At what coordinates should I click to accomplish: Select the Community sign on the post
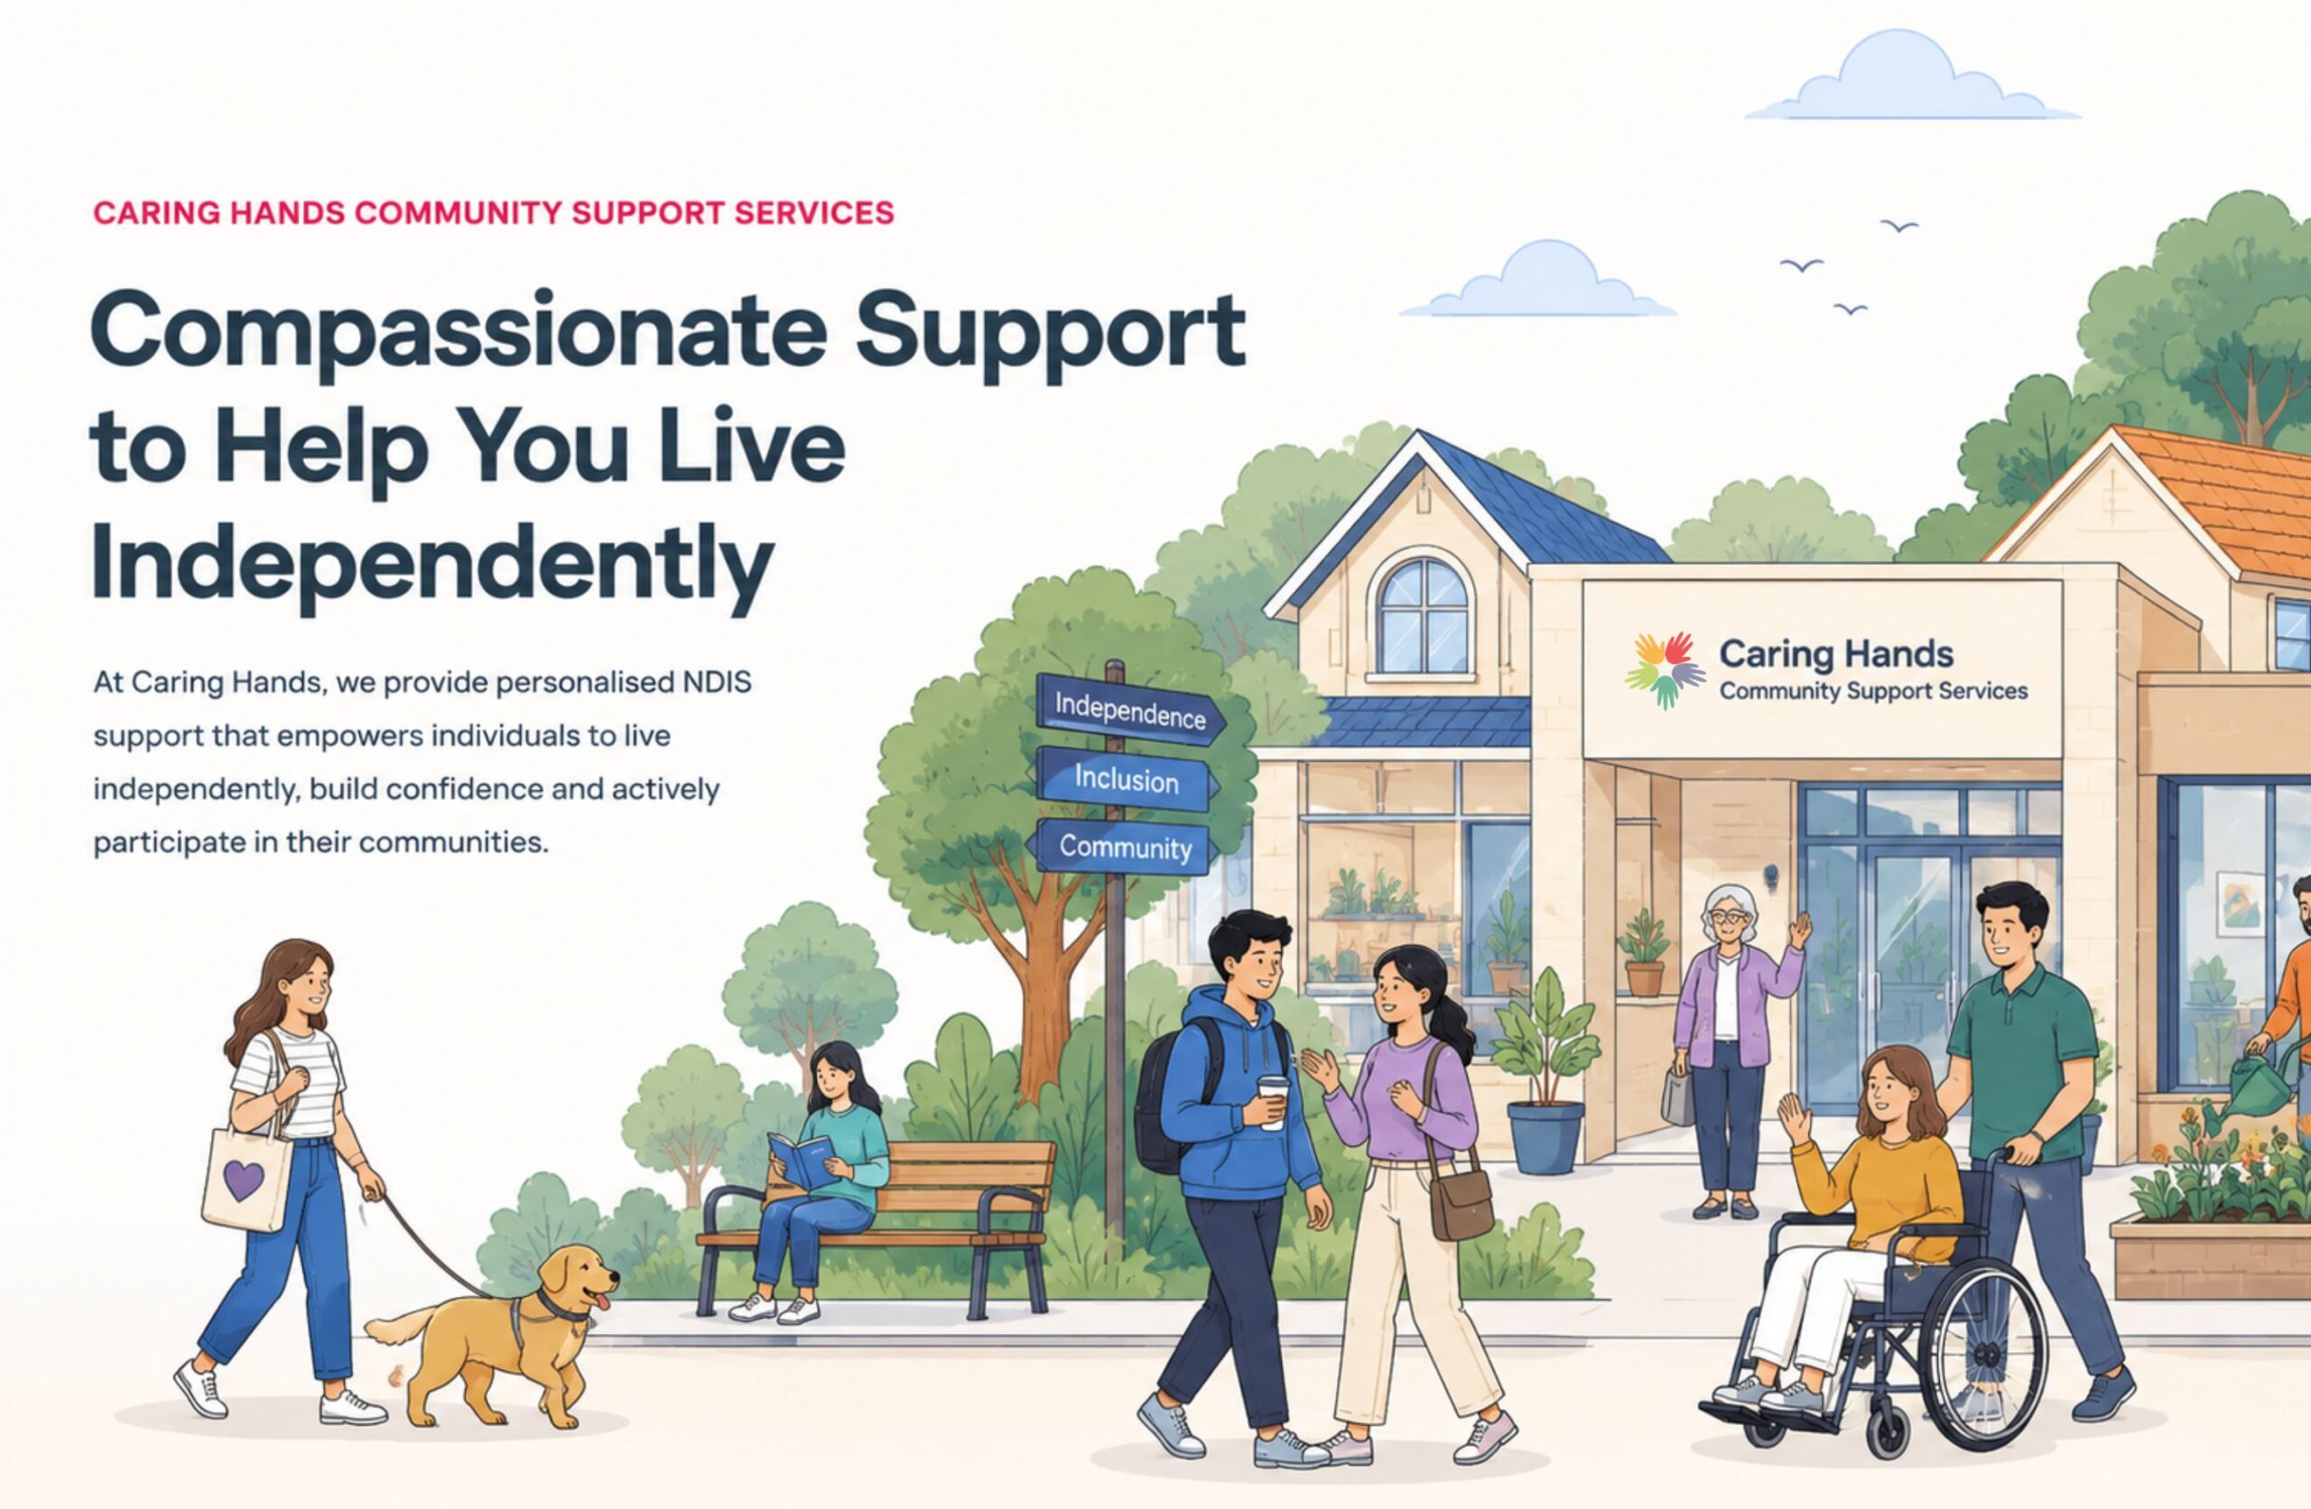click(x=1125, y=847)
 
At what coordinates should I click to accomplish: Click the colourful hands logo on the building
click(x=1666, y=670)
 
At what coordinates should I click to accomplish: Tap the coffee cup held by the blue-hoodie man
click(x=1273, y=1100)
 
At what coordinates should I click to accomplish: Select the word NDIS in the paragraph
click(x=717, y=682)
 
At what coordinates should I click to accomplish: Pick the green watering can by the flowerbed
click(x=2260, y=1086)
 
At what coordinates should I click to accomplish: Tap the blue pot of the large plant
click(x=1545, y=1137)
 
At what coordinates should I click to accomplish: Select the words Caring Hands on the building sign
click(x=1836, y=654)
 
